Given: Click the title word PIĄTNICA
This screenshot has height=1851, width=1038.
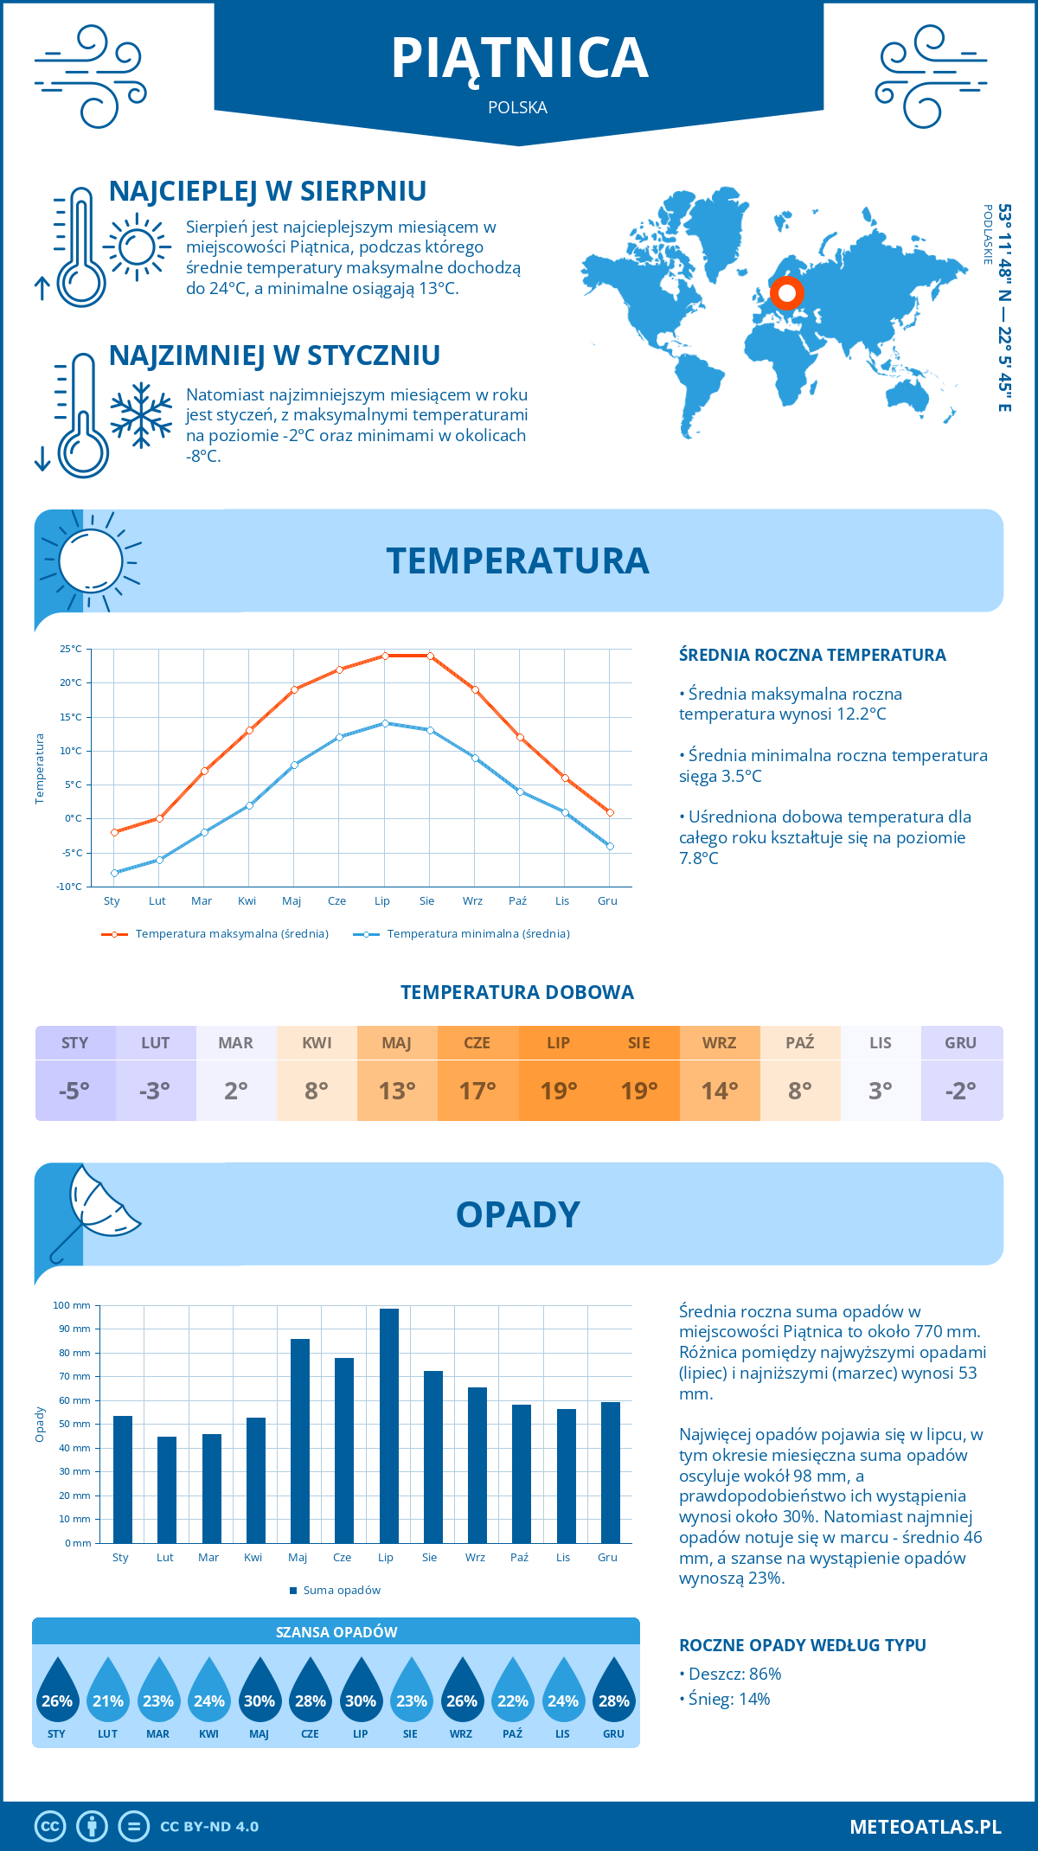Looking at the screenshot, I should click(519, 58).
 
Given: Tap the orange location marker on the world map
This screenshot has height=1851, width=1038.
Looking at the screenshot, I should click(786, 293).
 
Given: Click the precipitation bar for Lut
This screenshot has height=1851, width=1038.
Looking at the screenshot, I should click(167, 1489).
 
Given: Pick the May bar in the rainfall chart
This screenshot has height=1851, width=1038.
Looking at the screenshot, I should click(300, 1441).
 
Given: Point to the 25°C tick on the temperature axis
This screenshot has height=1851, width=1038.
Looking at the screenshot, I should click(71, 649).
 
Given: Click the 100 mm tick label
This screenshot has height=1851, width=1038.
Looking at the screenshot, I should click(72, 1305).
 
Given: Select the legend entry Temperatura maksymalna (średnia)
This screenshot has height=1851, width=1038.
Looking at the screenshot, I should click(232, 934).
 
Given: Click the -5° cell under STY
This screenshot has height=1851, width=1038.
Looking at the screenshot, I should click(74, 1091).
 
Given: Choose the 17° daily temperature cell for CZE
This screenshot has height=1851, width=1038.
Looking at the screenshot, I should click(477, 1091).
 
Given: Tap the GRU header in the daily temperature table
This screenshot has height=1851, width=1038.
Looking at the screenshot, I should click(960, 1043).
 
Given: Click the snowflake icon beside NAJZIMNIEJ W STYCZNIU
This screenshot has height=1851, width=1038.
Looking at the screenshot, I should click(141, 415).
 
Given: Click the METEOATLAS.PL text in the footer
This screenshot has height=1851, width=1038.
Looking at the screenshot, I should click(926, 1827).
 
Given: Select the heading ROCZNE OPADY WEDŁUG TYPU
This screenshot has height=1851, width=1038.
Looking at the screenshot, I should click(802, 1645).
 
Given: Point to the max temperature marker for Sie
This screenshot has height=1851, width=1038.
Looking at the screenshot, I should click(430, 656).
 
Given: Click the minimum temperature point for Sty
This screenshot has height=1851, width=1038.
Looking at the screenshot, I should click(114, 873).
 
